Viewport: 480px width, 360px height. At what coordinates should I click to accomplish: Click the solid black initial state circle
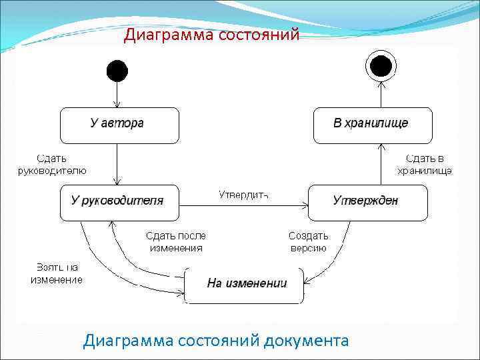click(117, 70)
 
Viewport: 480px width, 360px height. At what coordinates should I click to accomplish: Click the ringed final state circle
click(381, 66)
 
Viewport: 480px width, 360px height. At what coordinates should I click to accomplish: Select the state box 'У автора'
click(119, 125)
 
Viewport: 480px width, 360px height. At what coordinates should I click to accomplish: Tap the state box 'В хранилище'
click(373, 125)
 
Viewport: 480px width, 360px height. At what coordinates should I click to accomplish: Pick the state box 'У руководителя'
click(120, 203)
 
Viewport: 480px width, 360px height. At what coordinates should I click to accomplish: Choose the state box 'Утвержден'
click(367, 203)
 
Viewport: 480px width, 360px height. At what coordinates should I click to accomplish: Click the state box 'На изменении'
click(245, 285)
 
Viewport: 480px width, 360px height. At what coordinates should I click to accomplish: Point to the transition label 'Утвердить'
click(243, 195)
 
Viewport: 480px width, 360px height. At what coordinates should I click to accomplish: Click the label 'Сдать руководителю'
click(51, 164)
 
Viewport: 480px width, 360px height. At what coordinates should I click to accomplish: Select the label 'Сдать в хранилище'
click(425, 164)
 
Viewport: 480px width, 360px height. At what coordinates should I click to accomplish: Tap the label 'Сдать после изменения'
click(176, 241)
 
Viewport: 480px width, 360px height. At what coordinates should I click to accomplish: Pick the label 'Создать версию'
click(308, 241)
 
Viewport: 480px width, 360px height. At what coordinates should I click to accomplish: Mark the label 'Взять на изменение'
click(57, 273)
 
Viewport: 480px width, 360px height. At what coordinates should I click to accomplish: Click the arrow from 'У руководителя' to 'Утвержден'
click(243, 204)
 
